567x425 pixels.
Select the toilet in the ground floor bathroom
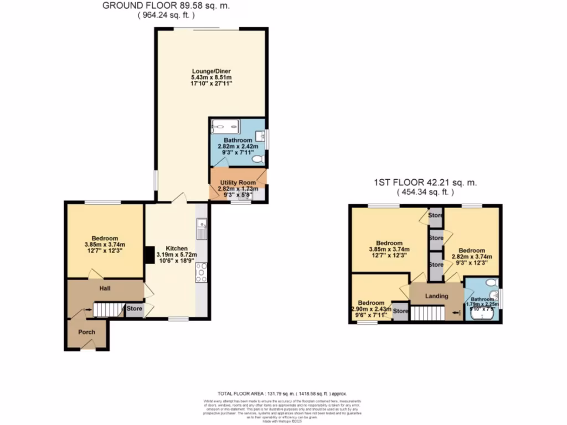coord(257,159)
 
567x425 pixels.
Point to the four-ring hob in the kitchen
coord(201,272)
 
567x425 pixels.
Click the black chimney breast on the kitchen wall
coord(148,255)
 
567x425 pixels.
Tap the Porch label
coord(86,332)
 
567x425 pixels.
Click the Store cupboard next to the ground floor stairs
coord(133,309)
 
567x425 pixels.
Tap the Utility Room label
coord(238,183)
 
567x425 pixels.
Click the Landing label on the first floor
coord(436,296)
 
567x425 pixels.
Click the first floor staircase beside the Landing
coord(427,313)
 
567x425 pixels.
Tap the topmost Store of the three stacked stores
coord(436,215)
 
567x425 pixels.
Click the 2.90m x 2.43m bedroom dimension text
coord(371,309)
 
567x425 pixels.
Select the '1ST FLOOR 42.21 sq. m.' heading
coord(425,182)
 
